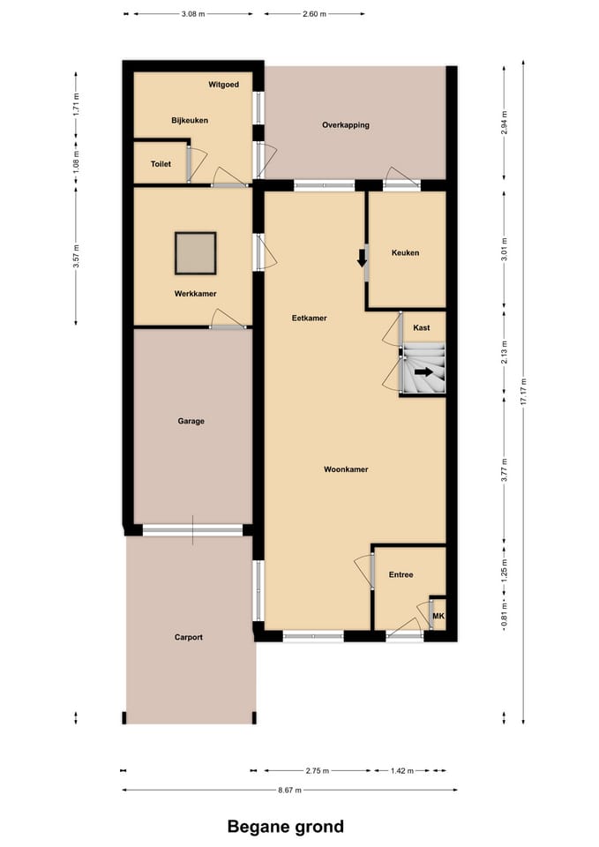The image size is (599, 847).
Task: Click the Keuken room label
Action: coord(405,253)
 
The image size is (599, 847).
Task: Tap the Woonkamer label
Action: coord(346,469)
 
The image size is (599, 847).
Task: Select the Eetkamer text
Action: coord(310,319)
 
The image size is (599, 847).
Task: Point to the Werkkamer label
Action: coord(195,294)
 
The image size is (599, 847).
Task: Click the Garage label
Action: coord(191,421)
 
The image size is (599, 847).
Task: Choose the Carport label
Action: coord(189,637)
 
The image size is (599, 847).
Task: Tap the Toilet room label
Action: coord(161,164)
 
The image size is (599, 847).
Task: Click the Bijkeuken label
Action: coord(190,120)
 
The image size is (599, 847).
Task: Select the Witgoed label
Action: coord(224,85)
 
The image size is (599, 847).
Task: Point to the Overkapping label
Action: coord(346,125)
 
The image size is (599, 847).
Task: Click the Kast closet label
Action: coord(422,328)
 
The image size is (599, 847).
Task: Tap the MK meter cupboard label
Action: coord(438,615)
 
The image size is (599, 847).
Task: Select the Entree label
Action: coord(401,575)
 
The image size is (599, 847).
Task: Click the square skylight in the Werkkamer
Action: coord(195,253)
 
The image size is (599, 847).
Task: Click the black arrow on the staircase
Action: coord(423,372)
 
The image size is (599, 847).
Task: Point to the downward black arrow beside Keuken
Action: coord(361,259)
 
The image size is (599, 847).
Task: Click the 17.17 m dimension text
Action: coord(523,392)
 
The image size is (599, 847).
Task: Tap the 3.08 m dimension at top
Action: coord(192,15)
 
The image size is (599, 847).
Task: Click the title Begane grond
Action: coord(286,827)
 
